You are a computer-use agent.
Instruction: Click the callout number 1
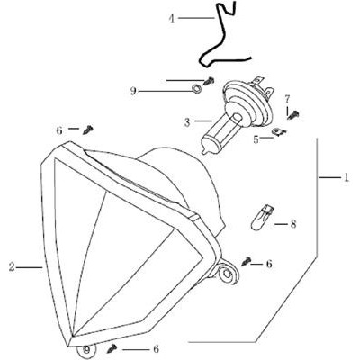346,177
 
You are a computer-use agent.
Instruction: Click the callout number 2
12,266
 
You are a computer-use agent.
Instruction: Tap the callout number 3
187,122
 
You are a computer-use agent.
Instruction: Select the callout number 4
171,19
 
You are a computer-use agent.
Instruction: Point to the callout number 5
256,139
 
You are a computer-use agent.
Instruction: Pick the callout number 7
287,99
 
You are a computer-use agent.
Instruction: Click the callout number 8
292,224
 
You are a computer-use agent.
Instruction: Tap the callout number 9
133,91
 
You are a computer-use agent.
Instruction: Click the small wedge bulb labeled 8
262,218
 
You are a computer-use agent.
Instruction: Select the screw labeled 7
293,115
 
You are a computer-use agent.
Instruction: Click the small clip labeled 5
279,131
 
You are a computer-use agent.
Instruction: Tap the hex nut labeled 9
196,88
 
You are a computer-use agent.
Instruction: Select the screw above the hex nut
209,81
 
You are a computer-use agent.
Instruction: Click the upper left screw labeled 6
87,130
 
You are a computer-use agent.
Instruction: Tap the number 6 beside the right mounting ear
269,264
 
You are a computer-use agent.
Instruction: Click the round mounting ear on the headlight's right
227,272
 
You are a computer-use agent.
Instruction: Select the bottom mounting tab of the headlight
86,351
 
